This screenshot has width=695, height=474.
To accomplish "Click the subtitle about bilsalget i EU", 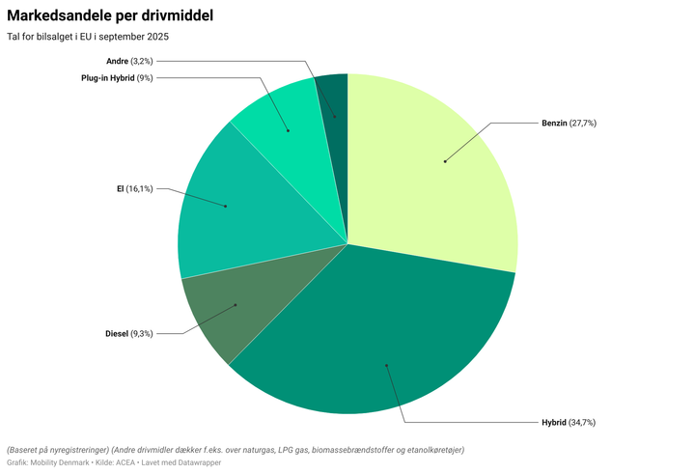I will pos(88,37).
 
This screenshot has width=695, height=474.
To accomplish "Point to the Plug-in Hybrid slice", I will pos(280,116).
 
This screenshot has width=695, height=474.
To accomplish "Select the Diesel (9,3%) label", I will pos(129,334).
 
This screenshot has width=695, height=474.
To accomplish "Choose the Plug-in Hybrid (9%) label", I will pos(117,77).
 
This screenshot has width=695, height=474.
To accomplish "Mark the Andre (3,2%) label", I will pos(129,61).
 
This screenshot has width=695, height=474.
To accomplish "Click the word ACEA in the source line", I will pos(125,463).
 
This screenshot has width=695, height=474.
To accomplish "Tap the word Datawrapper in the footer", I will pos(199,463).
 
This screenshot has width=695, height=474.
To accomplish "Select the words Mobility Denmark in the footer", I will pos(62,463).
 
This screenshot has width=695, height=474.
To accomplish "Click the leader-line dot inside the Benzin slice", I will pos(445,161).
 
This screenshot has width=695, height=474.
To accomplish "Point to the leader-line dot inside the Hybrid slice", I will pos(386,365).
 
